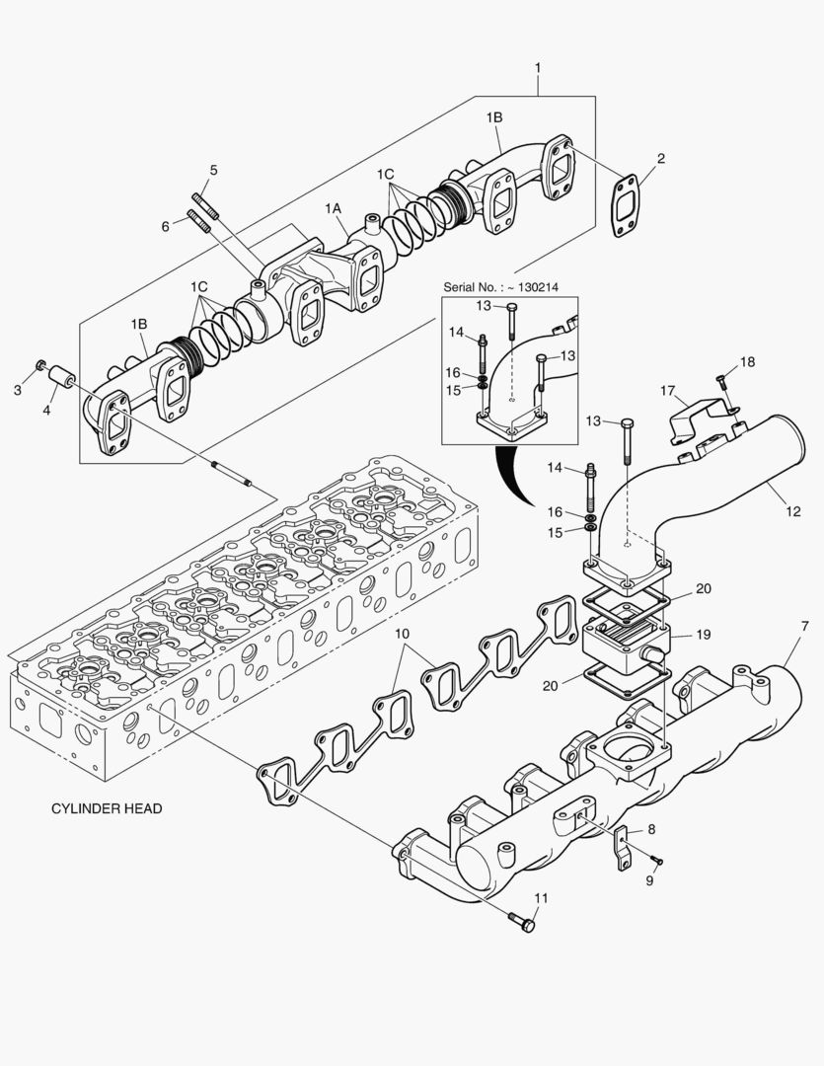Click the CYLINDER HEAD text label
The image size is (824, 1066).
[107, 808]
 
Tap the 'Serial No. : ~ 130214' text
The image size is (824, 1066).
[500, 286]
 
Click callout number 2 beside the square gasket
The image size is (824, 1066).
[660, 158]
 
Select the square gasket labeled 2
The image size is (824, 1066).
[624, 207]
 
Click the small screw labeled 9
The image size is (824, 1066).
[656, 862]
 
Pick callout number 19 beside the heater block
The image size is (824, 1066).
[704, 634]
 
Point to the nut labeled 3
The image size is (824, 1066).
[41, 367]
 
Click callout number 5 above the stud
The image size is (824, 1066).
[211, 170]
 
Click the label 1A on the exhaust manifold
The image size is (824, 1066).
[335, 208]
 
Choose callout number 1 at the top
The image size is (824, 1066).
[538, 67]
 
